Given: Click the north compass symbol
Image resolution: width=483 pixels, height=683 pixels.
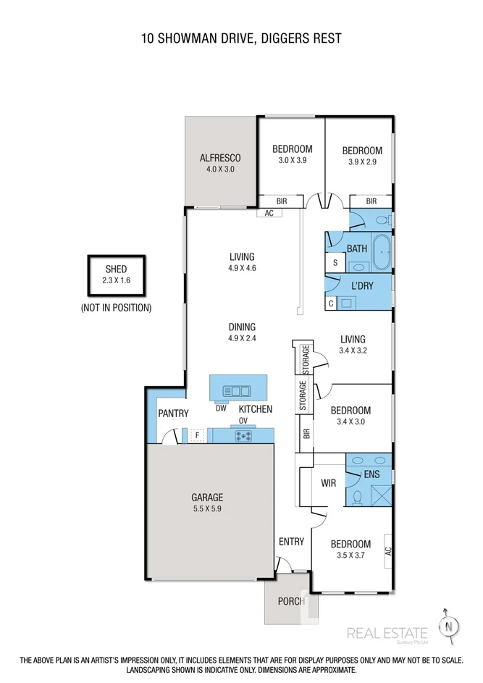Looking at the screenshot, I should tap(450, 625).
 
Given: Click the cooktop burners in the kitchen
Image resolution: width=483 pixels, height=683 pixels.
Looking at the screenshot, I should tap(242, 435).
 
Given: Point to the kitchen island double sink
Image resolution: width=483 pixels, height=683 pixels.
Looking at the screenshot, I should tap(237, 391).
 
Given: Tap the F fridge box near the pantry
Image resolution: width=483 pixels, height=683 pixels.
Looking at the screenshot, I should tap(197, 435).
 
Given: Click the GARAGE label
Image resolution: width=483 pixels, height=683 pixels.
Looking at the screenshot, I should tap(207, 498).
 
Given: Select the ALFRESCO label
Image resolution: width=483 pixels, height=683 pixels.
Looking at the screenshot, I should tap(219, 157).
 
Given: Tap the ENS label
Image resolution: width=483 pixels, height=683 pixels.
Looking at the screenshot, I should tap(371, 475).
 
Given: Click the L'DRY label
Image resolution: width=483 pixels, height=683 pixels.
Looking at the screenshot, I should tap(361, 285).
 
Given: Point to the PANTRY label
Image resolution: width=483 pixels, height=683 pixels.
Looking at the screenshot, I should tap(173, 414).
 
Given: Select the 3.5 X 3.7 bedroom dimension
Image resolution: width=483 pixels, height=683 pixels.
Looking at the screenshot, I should tap(350, 556).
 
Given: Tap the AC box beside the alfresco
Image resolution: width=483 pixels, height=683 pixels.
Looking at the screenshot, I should tap(269, 213).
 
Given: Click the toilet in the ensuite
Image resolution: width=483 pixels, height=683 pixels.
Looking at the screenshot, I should tap(356, 497).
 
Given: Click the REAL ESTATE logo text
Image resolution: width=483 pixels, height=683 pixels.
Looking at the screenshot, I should tap(387, 632).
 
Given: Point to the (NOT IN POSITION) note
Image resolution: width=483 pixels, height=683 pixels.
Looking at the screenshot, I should tap(116, 308).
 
